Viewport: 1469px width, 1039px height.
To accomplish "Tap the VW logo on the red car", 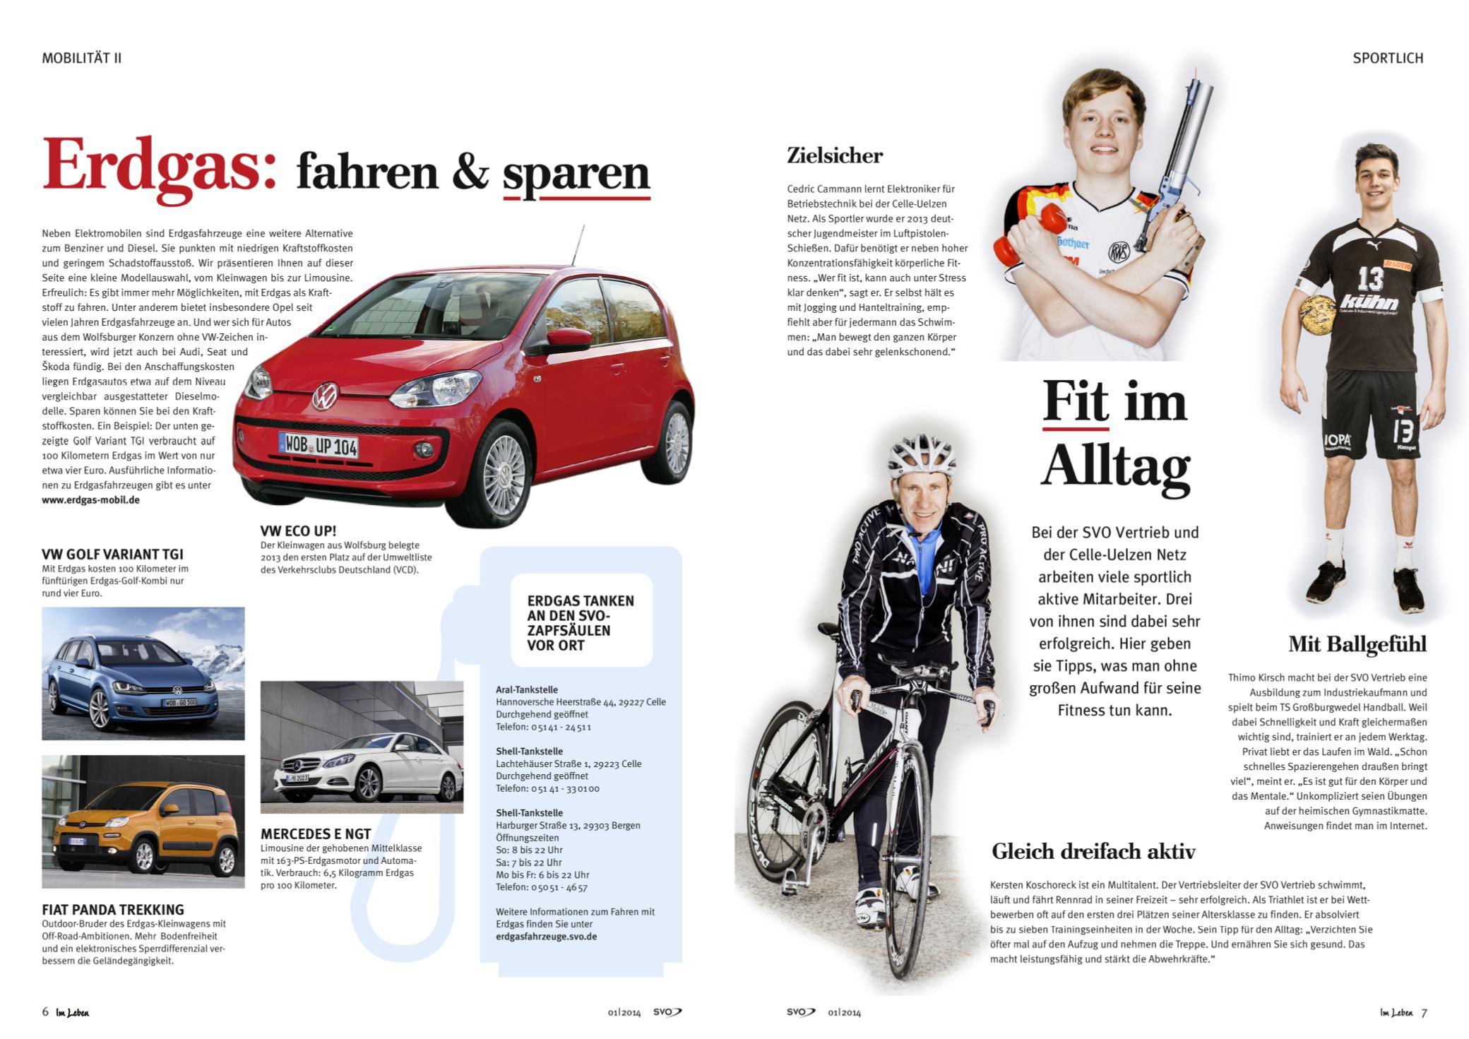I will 326,397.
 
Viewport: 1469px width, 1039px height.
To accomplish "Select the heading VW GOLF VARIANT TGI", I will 112,554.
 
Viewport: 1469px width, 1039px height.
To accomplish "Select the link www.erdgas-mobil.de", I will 90,499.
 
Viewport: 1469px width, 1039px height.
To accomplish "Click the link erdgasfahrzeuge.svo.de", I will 546,936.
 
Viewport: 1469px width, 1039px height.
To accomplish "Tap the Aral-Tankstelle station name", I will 526,689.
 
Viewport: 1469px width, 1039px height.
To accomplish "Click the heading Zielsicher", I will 834,155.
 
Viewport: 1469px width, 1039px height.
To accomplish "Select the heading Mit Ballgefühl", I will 1357,643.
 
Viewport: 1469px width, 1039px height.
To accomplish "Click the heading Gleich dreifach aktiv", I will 1093,851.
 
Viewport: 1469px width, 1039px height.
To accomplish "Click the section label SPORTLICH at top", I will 1387,58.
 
